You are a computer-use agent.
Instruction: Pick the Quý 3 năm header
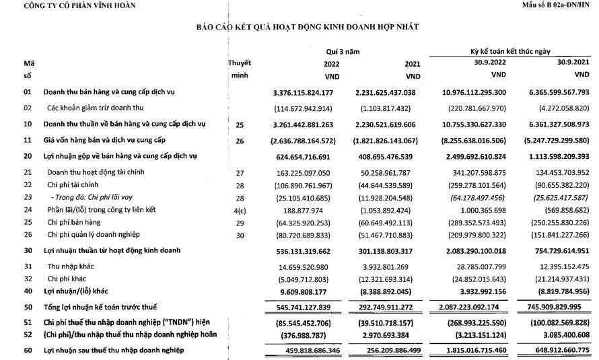(341, 51)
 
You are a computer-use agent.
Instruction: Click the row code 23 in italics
(28, 196)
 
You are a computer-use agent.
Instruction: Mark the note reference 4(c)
(240, 209)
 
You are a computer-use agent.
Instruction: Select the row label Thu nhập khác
(71, 266)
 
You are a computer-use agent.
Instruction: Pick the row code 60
(28, 351)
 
